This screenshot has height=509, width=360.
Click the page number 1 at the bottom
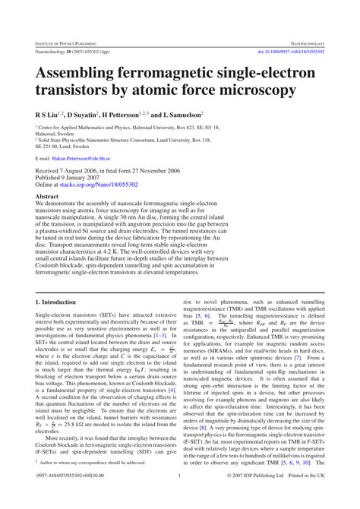click(x=179, y=498)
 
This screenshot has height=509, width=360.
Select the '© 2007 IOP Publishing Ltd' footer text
click(x=270, y=498)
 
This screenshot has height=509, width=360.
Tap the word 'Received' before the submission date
click(x=49, y=171)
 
